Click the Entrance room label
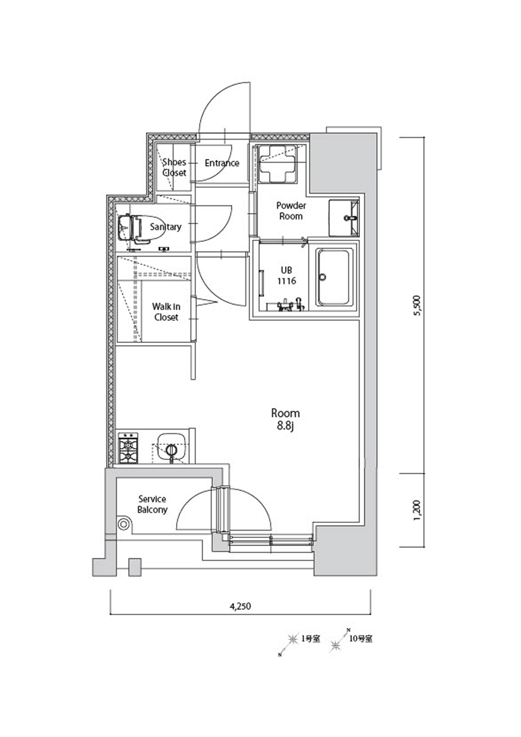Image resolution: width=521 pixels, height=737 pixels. (222, 163)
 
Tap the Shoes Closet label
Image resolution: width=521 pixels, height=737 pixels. (175, 167)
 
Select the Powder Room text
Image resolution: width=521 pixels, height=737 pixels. (291, 211)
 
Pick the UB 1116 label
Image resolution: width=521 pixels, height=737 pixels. (287, 275)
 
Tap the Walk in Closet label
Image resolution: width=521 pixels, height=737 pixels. (166, 312)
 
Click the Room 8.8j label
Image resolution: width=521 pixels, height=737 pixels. (285, 419)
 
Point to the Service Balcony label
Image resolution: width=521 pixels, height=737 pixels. (152, 504)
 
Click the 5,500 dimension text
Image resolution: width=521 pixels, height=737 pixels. (417, 305)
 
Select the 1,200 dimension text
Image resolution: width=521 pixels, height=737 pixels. (417, 510)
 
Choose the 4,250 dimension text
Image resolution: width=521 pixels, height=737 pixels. (240, 606)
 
